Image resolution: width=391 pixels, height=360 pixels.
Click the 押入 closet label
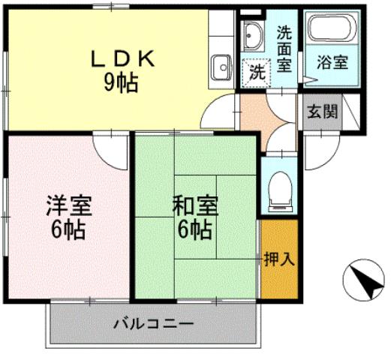[x=279, y=259]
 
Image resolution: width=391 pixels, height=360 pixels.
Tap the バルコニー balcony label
[x=154, y=325]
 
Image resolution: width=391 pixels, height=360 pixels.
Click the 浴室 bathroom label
[x=331, y=63]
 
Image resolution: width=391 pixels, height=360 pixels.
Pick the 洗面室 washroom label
[x=284, y=49]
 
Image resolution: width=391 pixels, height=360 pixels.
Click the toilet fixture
[x=279, y=187]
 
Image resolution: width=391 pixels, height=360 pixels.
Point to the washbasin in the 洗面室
[x=253, y=37]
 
